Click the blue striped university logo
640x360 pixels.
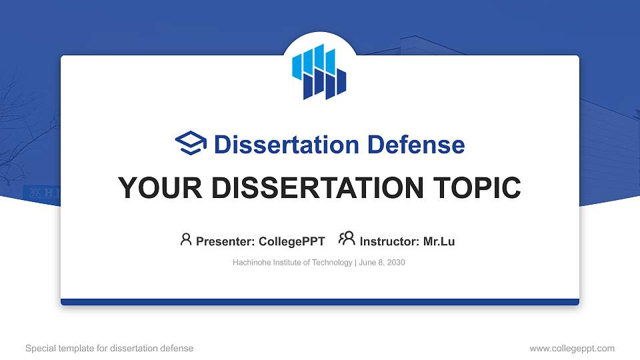coord(319,71)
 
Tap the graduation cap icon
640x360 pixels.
coord(191,144)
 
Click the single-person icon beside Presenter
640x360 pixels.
coord(186,239)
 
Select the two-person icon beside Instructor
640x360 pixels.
coord(347,239)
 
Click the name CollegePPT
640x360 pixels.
coord(291,241)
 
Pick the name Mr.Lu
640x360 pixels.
coord(439,241)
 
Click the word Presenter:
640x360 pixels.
coord(225,241)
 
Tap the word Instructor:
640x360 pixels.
coord(389,241)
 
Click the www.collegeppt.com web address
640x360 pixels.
coord(571,349)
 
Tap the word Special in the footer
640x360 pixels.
coord(39,349)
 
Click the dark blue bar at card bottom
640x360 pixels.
coord(320,302)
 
